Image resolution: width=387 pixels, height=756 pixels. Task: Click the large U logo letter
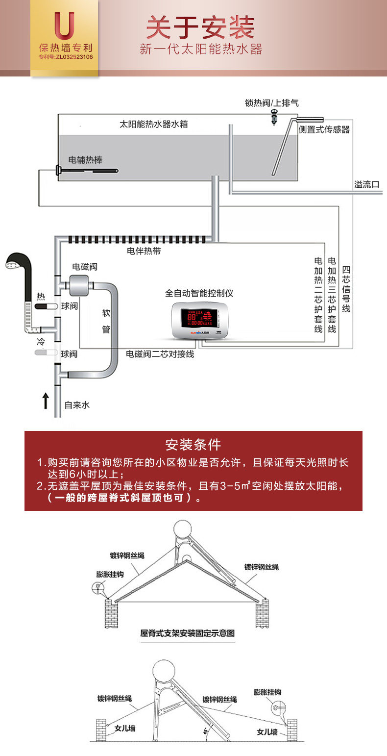pyautogui.click(x=65, y=26)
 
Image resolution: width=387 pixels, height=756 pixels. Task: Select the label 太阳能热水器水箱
pyautogui.click(x=154, y=124)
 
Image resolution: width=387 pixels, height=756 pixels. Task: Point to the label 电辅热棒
pyautogui.click(x=86, y=160)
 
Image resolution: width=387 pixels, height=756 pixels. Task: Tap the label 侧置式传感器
pyautogui.click(x=324, y=130)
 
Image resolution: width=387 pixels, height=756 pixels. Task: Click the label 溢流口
pyautogui.click(x=367, y=185)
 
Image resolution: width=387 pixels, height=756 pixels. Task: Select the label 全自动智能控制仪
pyautogui.click(x=199, y=293)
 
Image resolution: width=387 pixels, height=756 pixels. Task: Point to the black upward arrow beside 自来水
pyautogui.click(x=45, y=400)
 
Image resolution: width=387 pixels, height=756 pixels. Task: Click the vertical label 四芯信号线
pyautogui.click(x=346, y=289)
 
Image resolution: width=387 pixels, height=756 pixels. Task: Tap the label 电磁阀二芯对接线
pyautogui.click(x=160, y=354)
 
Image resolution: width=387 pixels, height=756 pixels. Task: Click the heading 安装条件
pyautogui.click(x=193, y=445)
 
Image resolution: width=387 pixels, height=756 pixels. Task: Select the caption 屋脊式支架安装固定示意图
pyautogui.click(x=188, y=633)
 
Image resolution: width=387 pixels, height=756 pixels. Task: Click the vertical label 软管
pyautogui.click(x=106, y=321)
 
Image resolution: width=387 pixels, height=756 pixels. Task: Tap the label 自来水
pyautogui.click(x=77, y=405)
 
